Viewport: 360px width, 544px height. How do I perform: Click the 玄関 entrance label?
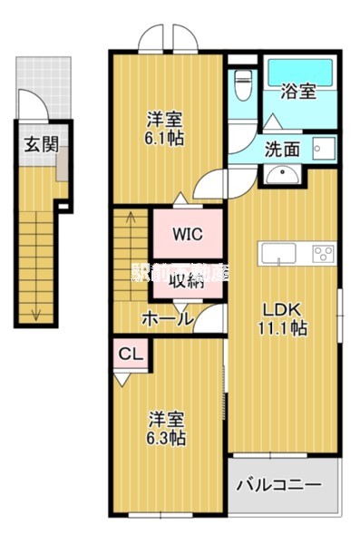[x=36, y=143]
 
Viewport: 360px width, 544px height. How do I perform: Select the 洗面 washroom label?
[x=282, y=150]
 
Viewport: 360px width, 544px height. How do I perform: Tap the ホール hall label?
[x=166, y=318]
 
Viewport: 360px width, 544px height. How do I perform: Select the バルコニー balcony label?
[x=278, y=485]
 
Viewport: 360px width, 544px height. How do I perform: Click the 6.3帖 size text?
[x=168, y=438]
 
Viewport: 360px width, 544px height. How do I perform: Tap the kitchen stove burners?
[x=323, y=251]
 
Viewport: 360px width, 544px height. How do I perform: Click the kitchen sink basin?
[x=274, y=251]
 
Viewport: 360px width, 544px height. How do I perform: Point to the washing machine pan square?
[x=324, y=148]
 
